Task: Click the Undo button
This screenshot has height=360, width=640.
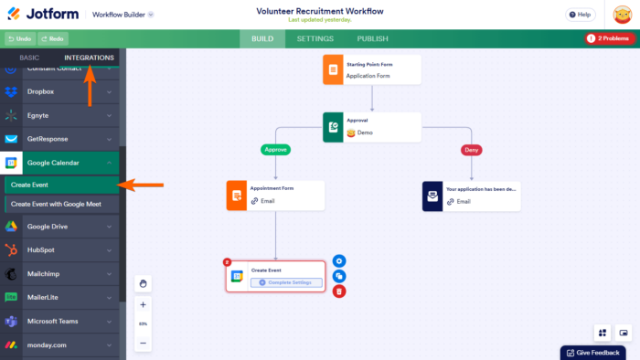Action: [20, 38]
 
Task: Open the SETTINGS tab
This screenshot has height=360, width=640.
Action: [315, 38]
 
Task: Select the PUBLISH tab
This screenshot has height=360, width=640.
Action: [372, 38]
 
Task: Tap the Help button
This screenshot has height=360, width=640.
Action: [579, 15]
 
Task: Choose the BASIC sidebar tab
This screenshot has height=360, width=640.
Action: [30, 58]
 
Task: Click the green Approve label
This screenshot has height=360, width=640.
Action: [275, 149]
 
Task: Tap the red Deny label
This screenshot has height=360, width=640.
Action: [472, 149]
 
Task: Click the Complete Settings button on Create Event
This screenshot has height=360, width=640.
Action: [290, 282]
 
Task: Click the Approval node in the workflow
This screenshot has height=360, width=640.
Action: [371, 127]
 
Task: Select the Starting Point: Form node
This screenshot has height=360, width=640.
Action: [371, 70]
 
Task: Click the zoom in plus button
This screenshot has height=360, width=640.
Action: [144, 304]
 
